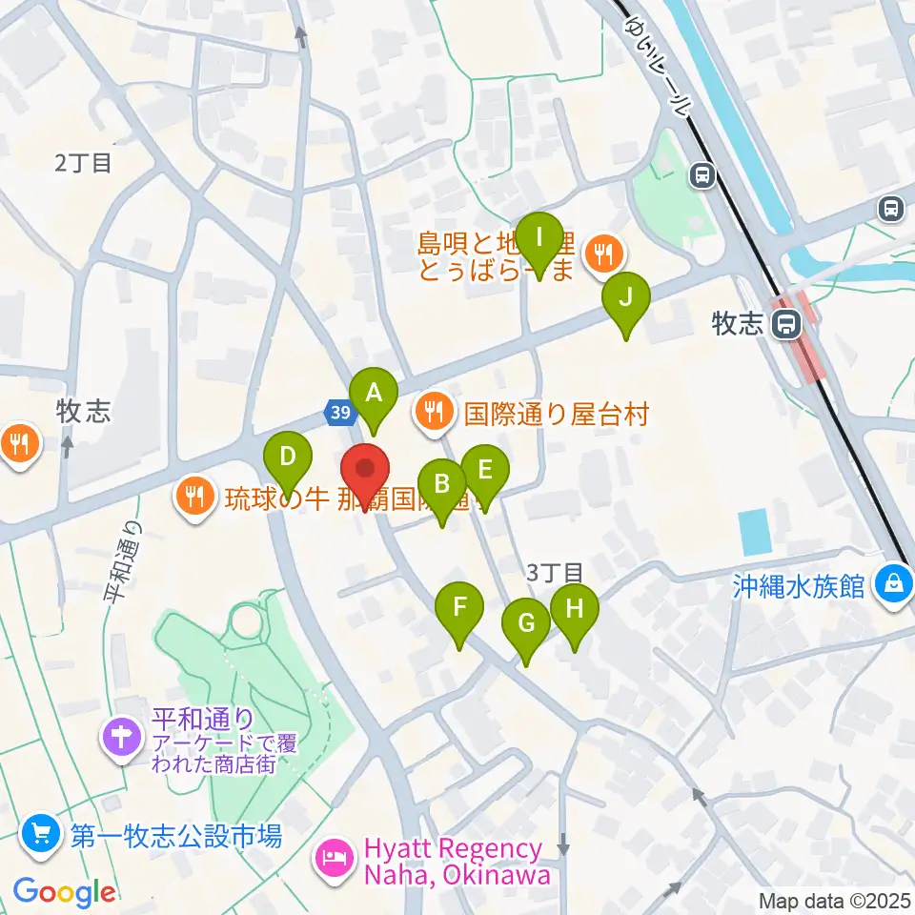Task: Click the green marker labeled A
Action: tap(374, 393)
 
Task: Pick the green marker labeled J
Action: tap(626, 297)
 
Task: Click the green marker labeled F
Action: tap(459, 607)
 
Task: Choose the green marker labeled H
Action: tap(574, 609)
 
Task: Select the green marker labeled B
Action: tap(442, 484)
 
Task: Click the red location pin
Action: tap(366, 470)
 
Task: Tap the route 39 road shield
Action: tap(340, 412)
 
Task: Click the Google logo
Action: tap(64, 892)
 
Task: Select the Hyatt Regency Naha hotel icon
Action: tap(335, 857)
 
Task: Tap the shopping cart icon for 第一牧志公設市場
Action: tap(40, 836)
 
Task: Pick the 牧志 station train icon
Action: tap(786, 325)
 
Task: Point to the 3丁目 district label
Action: tap(555, 572)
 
